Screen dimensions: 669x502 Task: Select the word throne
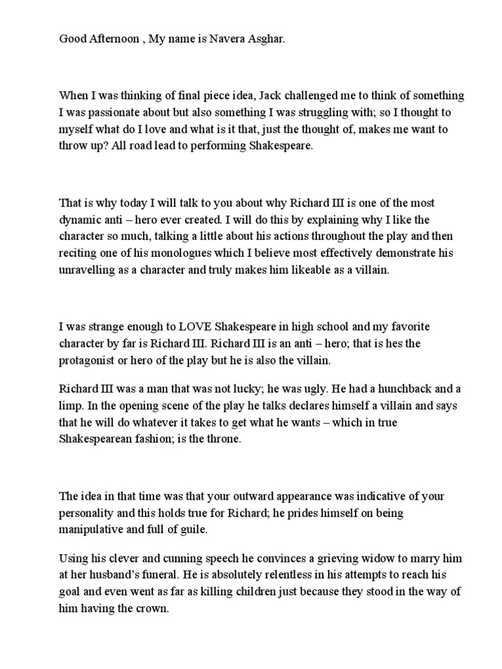click(224, 440)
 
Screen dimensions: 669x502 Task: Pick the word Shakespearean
click(99, 440)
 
